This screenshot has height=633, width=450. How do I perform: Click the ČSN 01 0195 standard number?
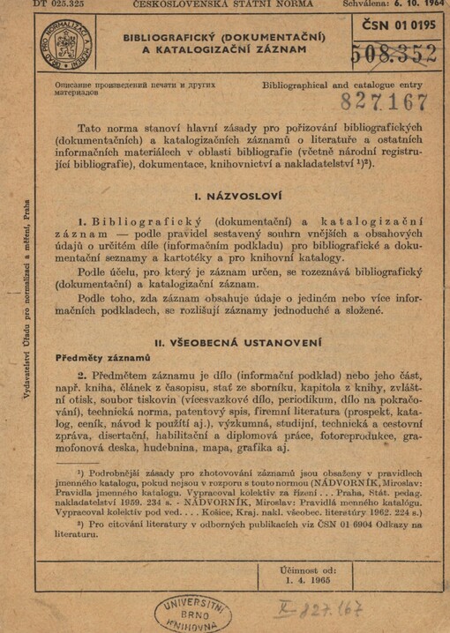pyautogui.click(x=396, y=26)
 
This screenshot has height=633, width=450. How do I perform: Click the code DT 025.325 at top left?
pyautogui.click(x=34, y=5)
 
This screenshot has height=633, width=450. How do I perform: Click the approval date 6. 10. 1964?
pyautogui.click(x=415, y=5)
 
